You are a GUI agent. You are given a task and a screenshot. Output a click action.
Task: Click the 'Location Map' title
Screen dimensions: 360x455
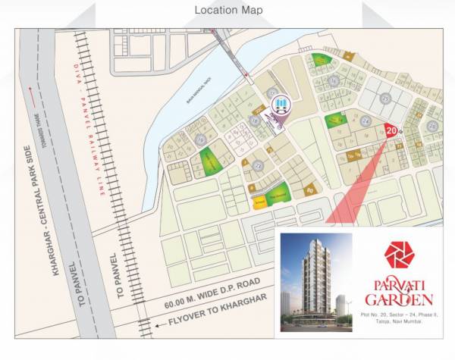[x=228, y=10]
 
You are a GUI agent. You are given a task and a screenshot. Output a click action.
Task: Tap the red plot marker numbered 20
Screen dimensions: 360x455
[x=391, y=130]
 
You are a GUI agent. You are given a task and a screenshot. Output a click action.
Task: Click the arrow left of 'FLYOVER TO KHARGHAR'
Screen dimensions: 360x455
[x=159, y=325]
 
